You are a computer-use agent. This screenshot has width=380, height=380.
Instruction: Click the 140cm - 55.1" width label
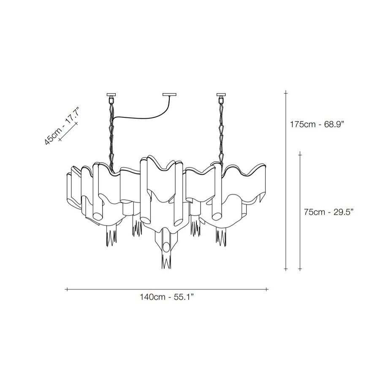(167, 297)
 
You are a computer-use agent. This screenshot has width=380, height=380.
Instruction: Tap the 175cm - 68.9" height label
(317, 124)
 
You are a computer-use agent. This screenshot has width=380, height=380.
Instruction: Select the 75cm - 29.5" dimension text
(329, 212)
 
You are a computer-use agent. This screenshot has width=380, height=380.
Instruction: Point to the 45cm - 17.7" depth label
(62, 125)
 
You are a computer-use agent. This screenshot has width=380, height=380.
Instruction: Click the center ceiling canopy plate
(169, 95)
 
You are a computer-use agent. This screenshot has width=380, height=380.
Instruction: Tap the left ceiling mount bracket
(111, 96)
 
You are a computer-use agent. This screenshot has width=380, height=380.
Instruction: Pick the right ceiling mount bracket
(221, 96)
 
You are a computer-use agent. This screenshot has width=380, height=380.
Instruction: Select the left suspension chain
(111, 136)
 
